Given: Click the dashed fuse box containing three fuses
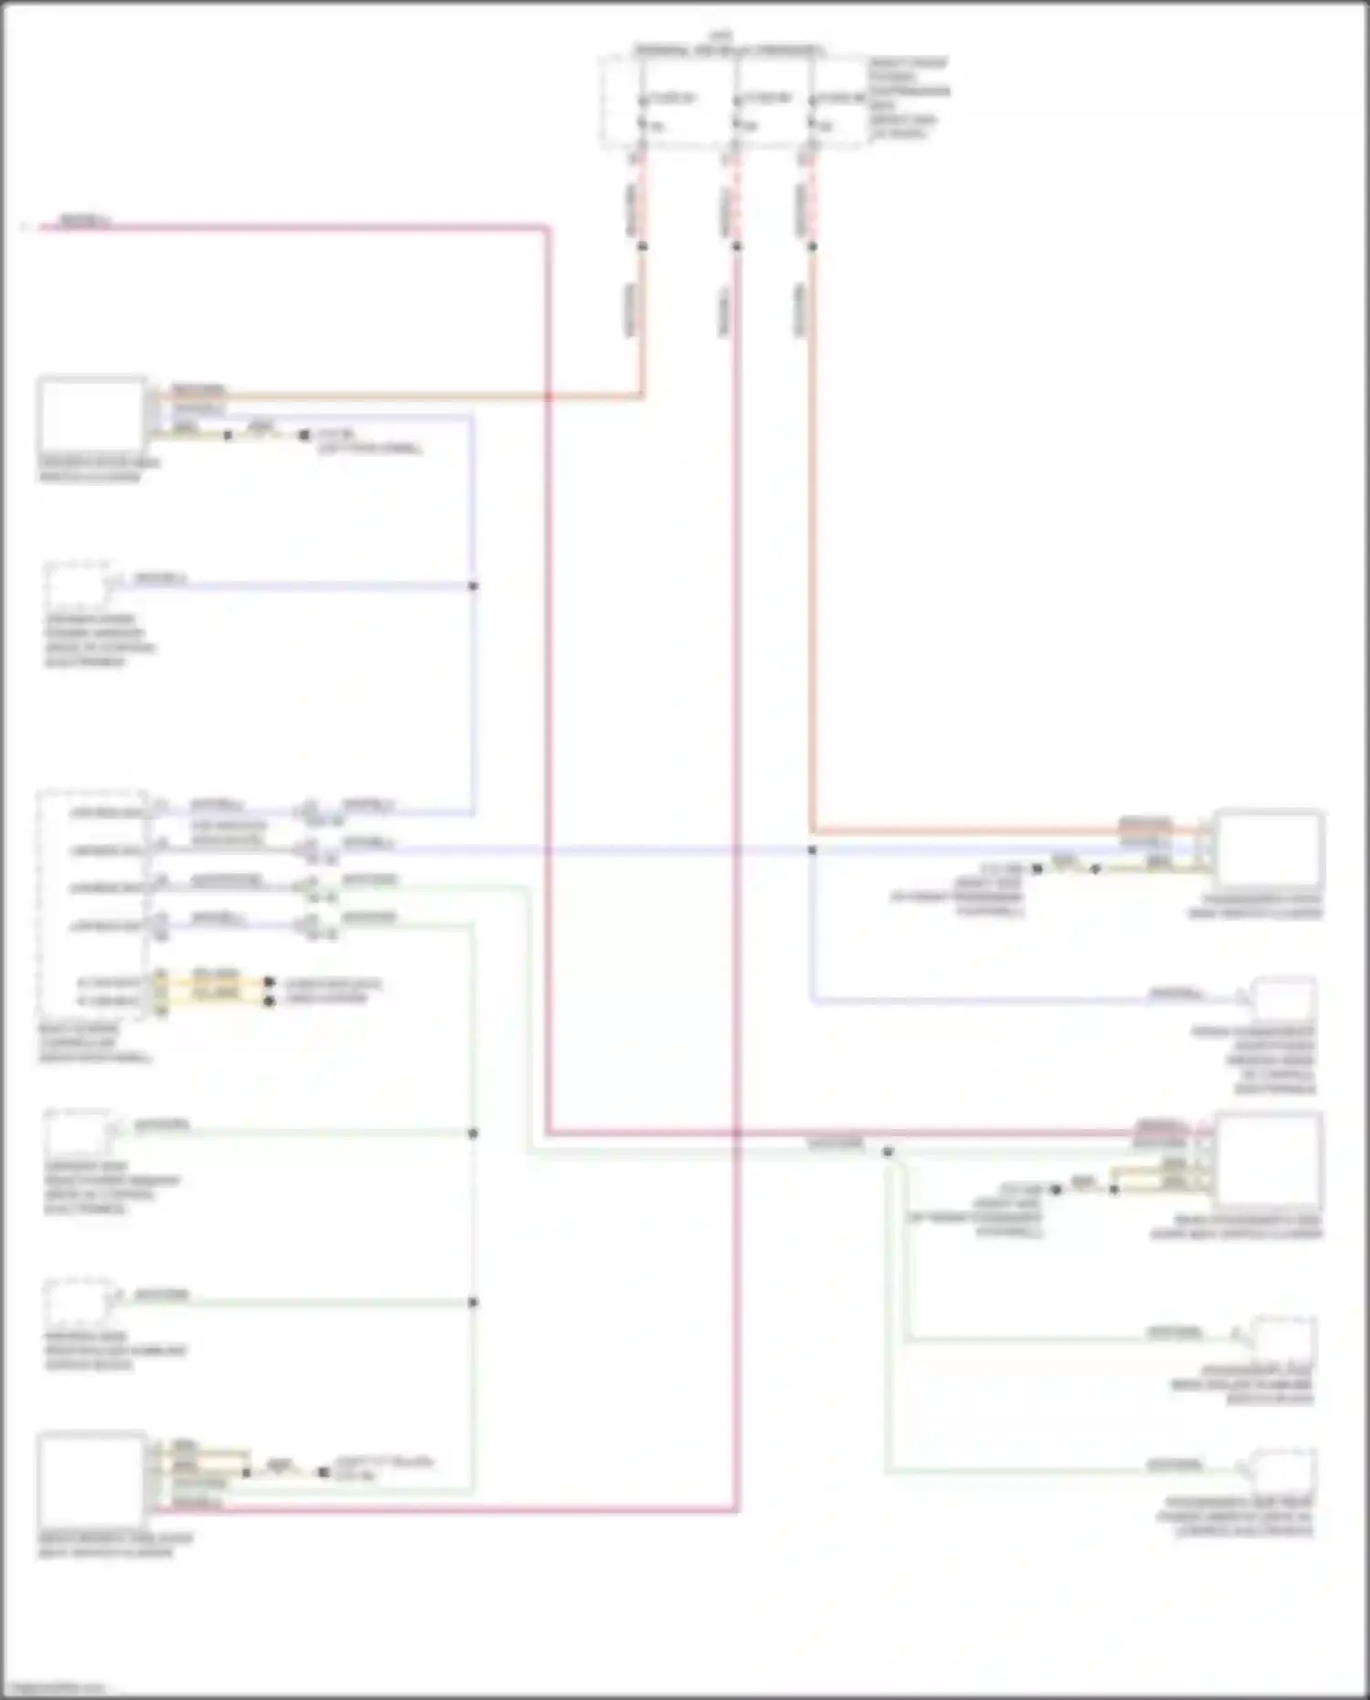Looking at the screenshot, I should tap(735, 100).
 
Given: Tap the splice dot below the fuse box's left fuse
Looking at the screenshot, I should tap(642, 246).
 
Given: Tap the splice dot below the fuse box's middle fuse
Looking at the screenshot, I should tap(737, 246).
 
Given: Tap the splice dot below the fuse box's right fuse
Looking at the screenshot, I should tap(812, 246).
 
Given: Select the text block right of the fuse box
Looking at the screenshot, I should tap(908, 99).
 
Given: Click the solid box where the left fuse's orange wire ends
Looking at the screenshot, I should tap(91, 416).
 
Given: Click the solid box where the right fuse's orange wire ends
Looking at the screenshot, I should tap(1269, 849).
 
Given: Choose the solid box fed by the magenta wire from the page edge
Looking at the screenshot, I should tap(1269, 1157).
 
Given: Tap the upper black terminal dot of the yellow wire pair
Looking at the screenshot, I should tap(269, 983).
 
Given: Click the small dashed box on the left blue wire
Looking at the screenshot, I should tap(77, 586).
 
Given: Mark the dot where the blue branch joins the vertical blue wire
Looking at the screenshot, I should tap(473, 586).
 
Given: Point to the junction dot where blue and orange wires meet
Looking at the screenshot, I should tap(812, 850).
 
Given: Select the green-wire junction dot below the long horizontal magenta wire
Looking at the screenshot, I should tap(888, 1152).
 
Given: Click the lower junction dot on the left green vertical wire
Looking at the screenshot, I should tap(473, 1303).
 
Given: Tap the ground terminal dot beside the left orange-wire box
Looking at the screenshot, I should tap(304, 436).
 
